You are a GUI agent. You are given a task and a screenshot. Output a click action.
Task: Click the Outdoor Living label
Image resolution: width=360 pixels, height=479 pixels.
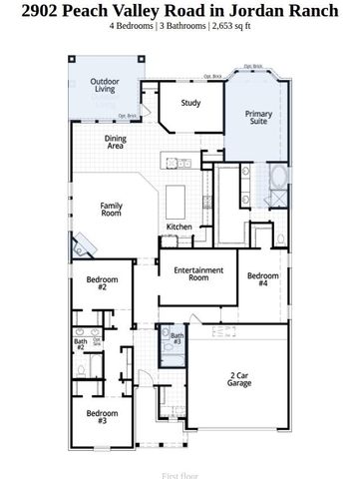105,85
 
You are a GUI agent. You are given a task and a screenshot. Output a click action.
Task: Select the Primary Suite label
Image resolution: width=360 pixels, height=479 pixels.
258,119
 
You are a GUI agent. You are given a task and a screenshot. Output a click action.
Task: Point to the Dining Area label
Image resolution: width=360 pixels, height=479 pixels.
116,143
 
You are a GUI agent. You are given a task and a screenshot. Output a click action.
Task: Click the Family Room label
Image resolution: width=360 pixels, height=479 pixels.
111,209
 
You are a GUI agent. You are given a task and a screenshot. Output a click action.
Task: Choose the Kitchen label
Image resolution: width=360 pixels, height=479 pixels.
179,227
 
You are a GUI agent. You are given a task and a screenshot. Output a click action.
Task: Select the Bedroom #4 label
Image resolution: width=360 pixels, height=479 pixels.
262,279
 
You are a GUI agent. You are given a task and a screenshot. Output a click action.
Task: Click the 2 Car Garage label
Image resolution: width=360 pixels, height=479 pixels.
238,379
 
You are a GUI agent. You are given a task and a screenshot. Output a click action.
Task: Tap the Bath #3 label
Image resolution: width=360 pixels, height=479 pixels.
177,338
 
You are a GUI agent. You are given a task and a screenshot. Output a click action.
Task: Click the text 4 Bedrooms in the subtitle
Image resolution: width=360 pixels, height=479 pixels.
132,28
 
